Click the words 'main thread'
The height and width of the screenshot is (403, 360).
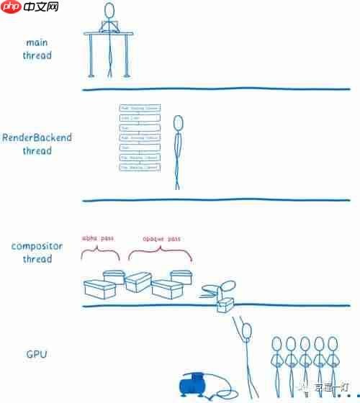(x=37, y=49)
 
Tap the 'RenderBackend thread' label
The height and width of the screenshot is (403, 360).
(x=37, y=144)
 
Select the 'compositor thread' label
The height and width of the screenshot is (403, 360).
(x=37, y=253)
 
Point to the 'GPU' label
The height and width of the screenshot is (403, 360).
(x=37, y=355)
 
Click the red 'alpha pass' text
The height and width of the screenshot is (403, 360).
(x=98, y=238)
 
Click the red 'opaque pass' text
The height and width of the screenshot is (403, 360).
(x=160, y=238)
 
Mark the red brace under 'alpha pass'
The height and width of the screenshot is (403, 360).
(x=100, y=253)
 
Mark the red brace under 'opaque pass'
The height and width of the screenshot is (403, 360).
(x=161, y=253)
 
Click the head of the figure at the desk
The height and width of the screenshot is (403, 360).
(x=109, y=12)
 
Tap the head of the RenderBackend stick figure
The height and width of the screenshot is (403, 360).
(x=178, y=123)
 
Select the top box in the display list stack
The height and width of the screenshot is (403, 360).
(x=140, y=108)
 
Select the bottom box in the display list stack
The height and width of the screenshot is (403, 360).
(x=140, y=167)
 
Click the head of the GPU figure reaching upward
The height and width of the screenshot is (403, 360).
(x=247, y=332)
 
